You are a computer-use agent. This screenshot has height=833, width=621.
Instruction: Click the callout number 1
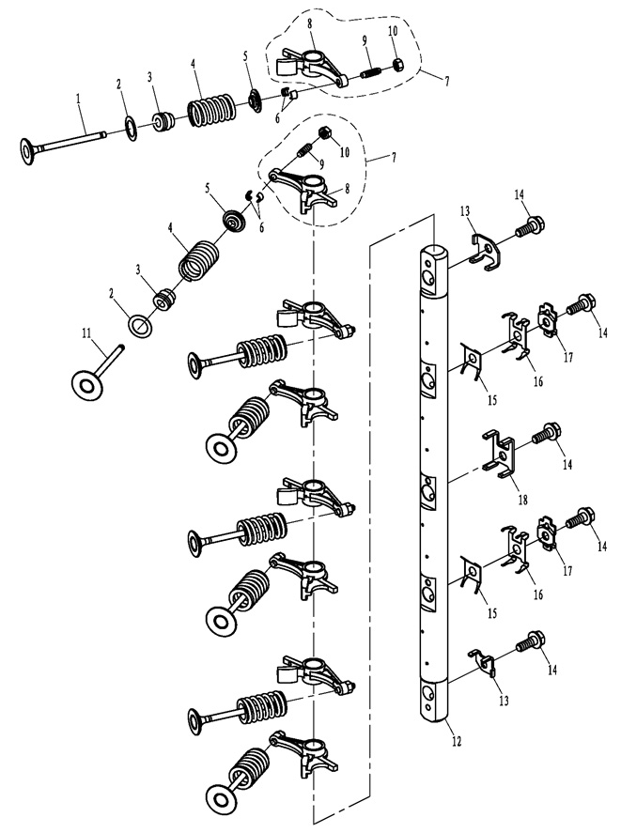[x=78, y=99]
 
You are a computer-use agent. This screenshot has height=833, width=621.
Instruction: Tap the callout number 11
[x=86, y=333]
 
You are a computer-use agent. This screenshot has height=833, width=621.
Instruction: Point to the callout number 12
[x=457, y=740]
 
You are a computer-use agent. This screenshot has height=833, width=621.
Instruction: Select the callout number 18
[x=522, y=499]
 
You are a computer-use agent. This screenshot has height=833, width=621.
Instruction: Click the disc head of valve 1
[x=26, y=150]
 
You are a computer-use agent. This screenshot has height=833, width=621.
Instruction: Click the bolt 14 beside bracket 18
[x=545, y=432]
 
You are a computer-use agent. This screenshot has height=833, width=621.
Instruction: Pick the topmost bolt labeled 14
[x=529, y=227]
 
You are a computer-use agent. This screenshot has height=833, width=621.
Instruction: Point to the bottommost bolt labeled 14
[x=530, y=640]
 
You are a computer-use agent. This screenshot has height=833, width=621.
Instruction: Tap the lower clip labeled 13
[x=483, y=662]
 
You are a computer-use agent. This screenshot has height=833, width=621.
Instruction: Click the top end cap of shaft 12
[x=434, y=249]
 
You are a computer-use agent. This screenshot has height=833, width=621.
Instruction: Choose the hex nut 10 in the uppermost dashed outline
[x=398, y=65]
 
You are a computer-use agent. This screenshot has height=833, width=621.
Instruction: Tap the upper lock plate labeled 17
[x=548, y=318]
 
